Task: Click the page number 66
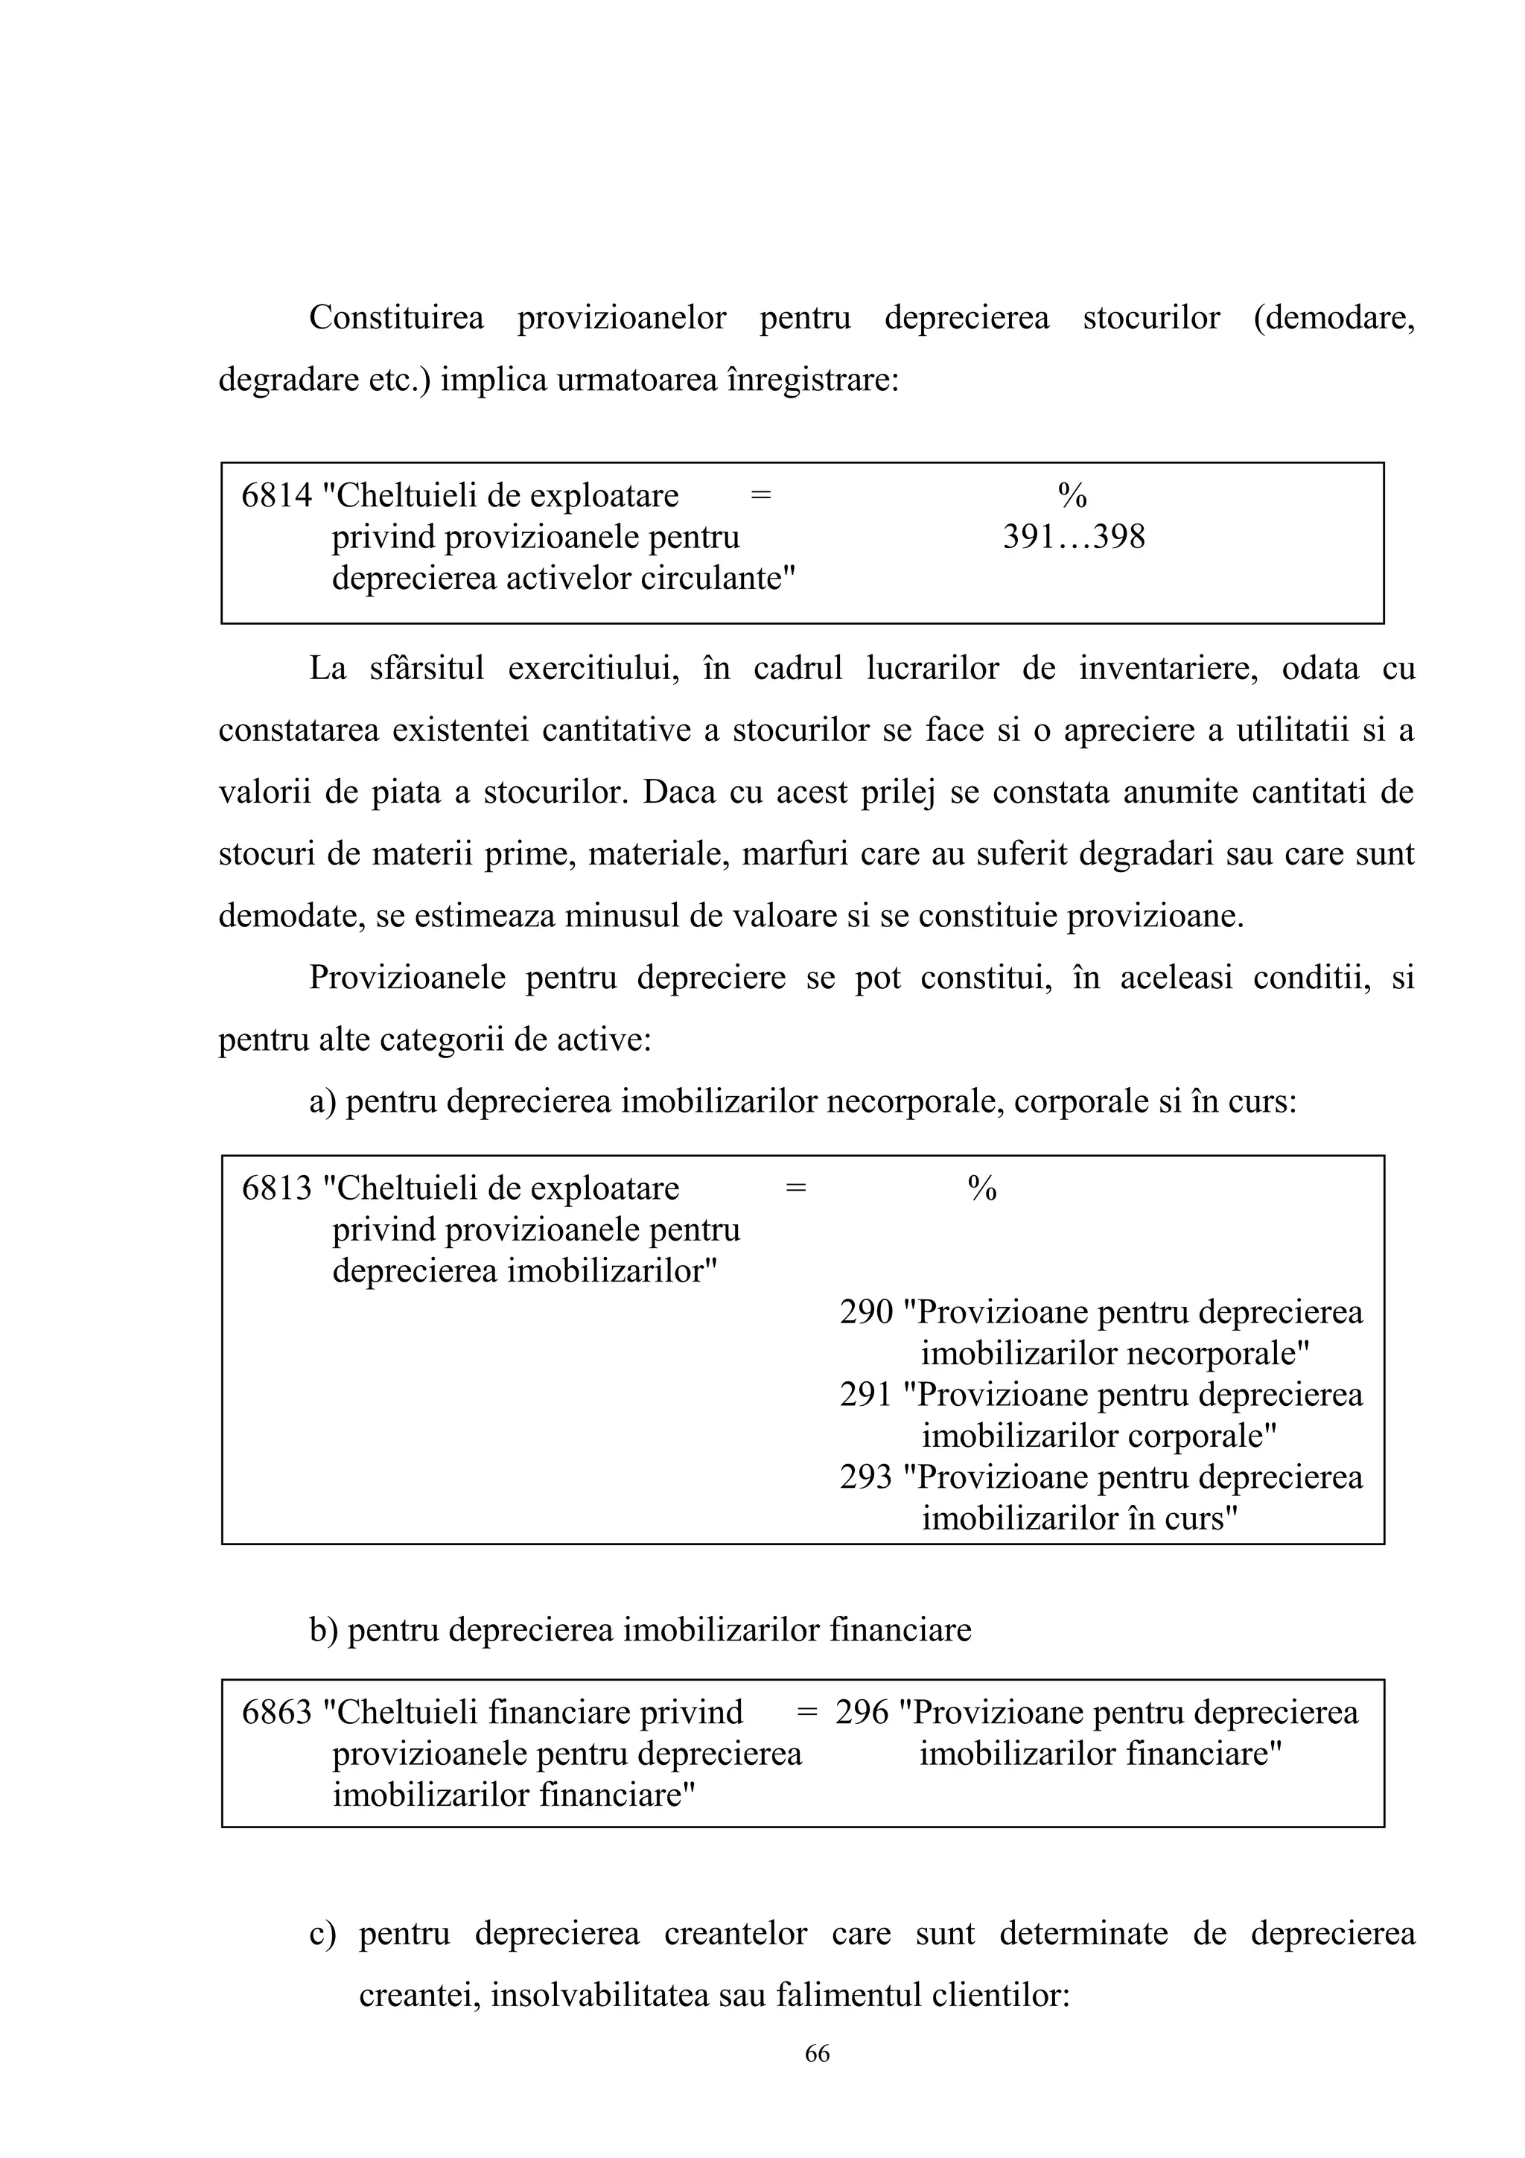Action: click(x=817, y=2054)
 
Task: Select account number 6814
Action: click(x=276, y=495)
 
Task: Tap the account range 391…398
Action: click(x=1074, y=538)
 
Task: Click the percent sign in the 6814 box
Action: click(x=1072, y=495)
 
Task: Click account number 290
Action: click(x=865, y=1312)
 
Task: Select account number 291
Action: click(x=865, y=1394)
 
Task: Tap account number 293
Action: click(x=865, y=1477)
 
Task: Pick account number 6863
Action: click(x=276, y=1713)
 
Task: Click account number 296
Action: click(x=862, y=1713)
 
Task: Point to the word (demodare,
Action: click(x=1334, y=318)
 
